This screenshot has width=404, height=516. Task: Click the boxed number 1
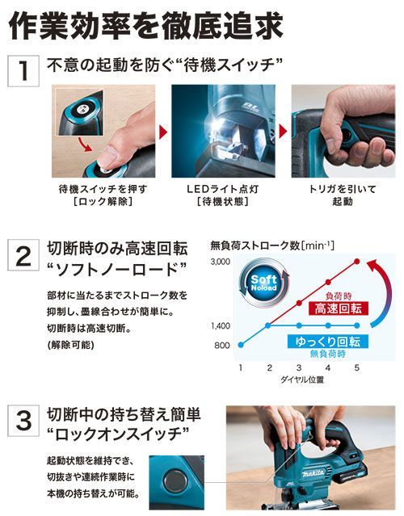tap(23, 71)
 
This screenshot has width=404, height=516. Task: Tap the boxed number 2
tap(23, 255)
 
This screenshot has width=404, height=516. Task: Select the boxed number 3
tap(23, 421)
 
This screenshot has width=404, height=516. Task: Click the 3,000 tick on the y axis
tap(221, 262)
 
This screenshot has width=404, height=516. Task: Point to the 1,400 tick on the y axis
tap(221, 325)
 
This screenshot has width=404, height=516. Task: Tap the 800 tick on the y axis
tap(222, 345)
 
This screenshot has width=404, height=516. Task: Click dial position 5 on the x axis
tap(357, 367)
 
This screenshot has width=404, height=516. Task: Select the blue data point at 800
tap(241, 345)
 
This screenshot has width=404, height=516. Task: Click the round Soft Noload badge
tap(263, 283)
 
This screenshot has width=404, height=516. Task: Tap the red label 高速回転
tap(339, 308)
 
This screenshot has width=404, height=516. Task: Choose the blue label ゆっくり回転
tap(327, 342)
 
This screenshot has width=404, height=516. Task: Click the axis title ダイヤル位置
tap(302, 380)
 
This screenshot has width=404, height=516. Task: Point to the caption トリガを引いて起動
tap(343, 195)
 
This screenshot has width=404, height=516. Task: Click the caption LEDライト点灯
tap(223, 189)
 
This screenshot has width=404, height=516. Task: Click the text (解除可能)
tap(71, 345)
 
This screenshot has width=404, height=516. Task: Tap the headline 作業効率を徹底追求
tap(146, 27)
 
